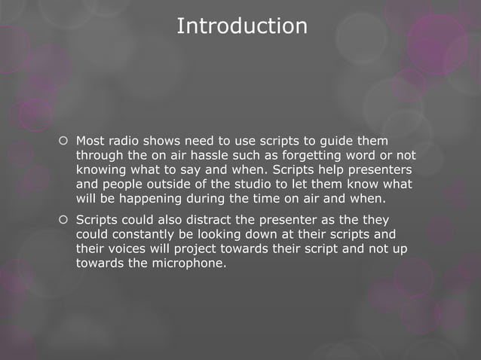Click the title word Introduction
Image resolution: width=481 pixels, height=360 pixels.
point(241,26)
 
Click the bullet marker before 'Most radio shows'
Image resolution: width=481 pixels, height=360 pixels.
point(63,142)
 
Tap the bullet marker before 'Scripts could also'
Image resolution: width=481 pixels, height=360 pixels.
point(63,219)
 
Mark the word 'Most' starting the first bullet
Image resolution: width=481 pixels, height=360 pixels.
point(90,142)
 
